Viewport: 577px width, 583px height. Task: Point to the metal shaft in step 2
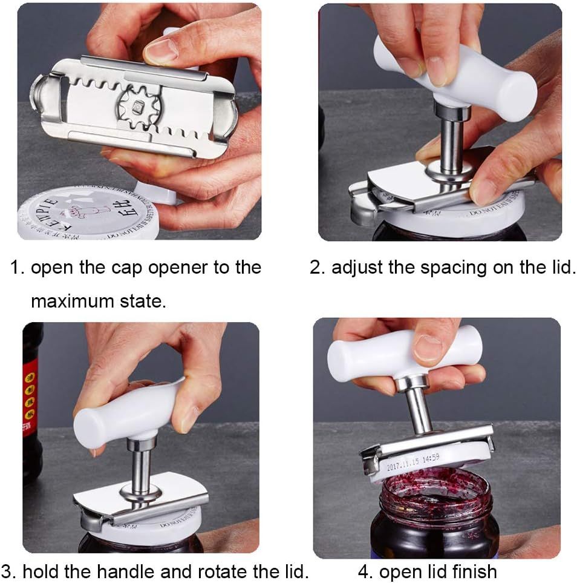(x=451, y=145)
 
